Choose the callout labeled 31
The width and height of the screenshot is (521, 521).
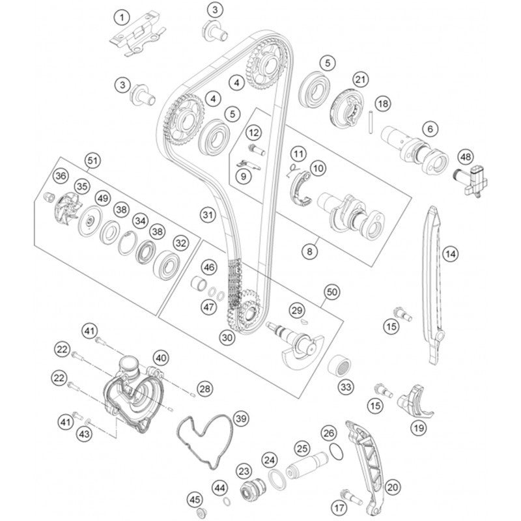[x=207, y=214]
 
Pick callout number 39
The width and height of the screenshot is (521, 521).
[x=241, y=418]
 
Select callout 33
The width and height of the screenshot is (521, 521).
[x=346, y=386]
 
